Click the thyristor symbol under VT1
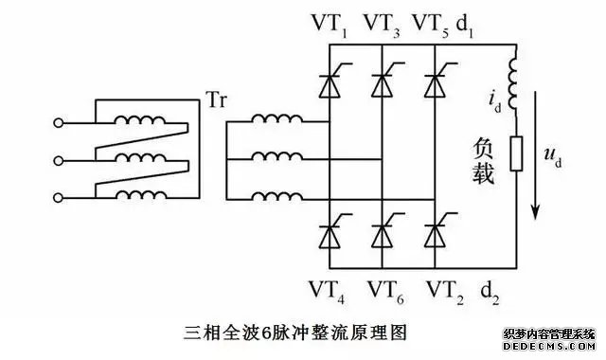328,84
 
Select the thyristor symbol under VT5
435,84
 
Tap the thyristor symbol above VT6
382,229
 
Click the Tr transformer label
216,99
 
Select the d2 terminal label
491,287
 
